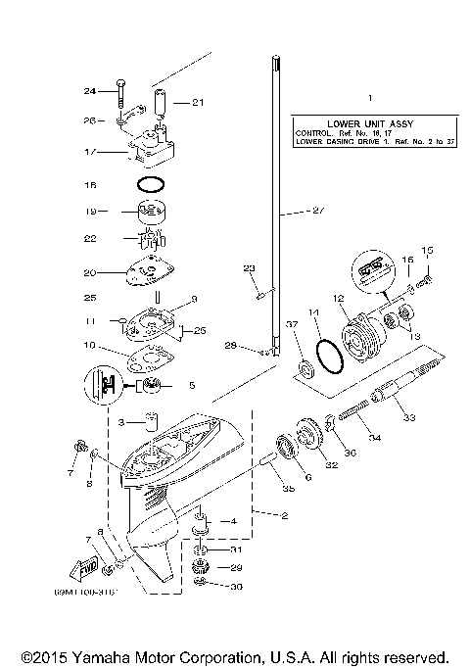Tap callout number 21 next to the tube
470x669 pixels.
click(x=198, y=102)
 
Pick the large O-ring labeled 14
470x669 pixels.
click(x=331, y=357)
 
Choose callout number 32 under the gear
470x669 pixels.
click(x=331, y=466)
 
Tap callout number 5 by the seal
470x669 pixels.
click(x=192, y=385)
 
